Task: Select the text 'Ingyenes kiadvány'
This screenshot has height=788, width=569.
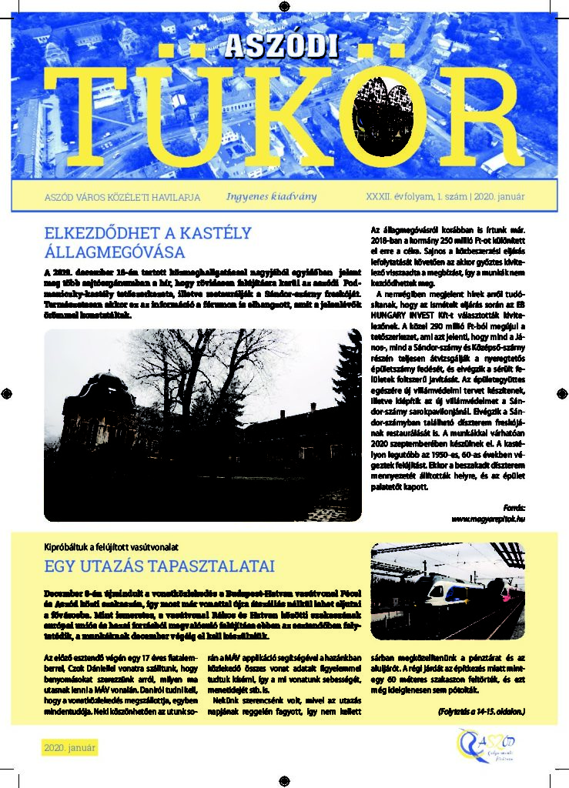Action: [271, 197]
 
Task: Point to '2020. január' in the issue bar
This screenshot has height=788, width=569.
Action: [499, 197]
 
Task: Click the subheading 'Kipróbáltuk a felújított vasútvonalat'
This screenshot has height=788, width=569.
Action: [112, 547]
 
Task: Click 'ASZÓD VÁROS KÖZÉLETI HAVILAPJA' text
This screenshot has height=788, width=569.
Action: [122, 198]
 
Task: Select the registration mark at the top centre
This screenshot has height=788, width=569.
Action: [284, 6]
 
